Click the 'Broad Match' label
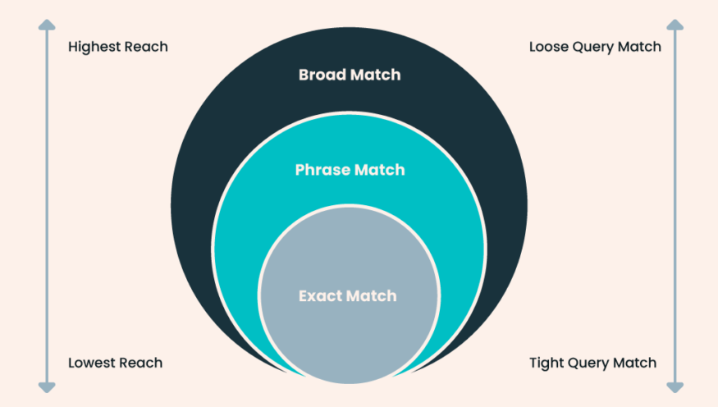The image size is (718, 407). coord(350,75)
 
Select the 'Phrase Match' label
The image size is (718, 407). coord(350,170)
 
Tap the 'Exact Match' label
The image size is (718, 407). coord(348,295)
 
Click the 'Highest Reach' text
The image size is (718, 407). coord(117,47)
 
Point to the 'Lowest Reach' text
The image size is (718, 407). coord(116,363)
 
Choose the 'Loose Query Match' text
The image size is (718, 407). coord(595,47)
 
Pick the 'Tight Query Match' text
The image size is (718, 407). coord(592,363)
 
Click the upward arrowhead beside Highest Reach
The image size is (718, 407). coord(47,25)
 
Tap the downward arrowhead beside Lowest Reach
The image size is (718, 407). coord(47,387)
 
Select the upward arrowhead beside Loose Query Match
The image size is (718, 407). coord(675,25)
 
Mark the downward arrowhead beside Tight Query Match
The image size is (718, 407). coord(675,387)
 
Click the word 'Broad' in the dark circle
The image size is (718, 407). coord(320,75)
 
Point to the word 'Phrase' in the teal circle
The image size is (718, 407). coord(322,170)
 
